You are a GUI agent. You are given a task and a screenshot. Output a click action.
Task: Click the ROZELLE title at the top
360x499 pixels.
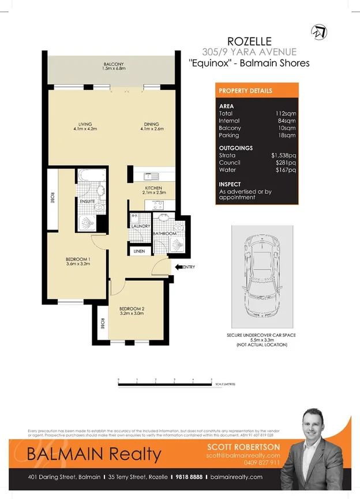pyautogui.click(x=249, y=41)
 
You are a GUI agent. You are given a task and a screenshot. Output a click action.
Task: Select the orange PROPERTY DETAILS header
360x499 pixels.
pyautogui.click(x=257, y=91)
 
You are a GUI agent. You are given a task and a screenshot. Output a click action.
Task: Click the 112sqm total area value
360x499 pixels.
pyautogui.click(x=286, y=114)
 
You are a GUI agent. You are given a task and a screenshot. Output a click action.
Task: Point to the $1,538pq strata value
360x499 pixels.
pyautogui.click(x=284, y=155)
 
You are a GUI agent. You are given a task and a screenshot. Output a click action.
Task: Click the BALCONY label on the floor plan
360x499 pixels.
pyautogui.click(x=113, y=64)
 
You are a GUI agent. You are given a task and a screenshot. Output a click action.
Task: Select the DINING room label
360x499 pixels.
pyautogui.click(x=151, y=124)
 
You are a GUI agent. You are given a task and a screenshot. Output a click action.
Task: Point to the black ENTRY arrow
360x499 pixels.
pyautogui.click(x=179, y=267)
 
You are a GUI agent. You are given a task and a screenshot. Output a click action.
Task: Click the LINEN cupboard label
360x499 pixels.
pyautogui.click(x=139, y=252)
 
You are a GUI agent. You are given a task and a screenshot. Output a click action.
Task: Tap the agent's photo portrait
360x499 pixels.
pyautogui.click(x=318, y=449)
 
